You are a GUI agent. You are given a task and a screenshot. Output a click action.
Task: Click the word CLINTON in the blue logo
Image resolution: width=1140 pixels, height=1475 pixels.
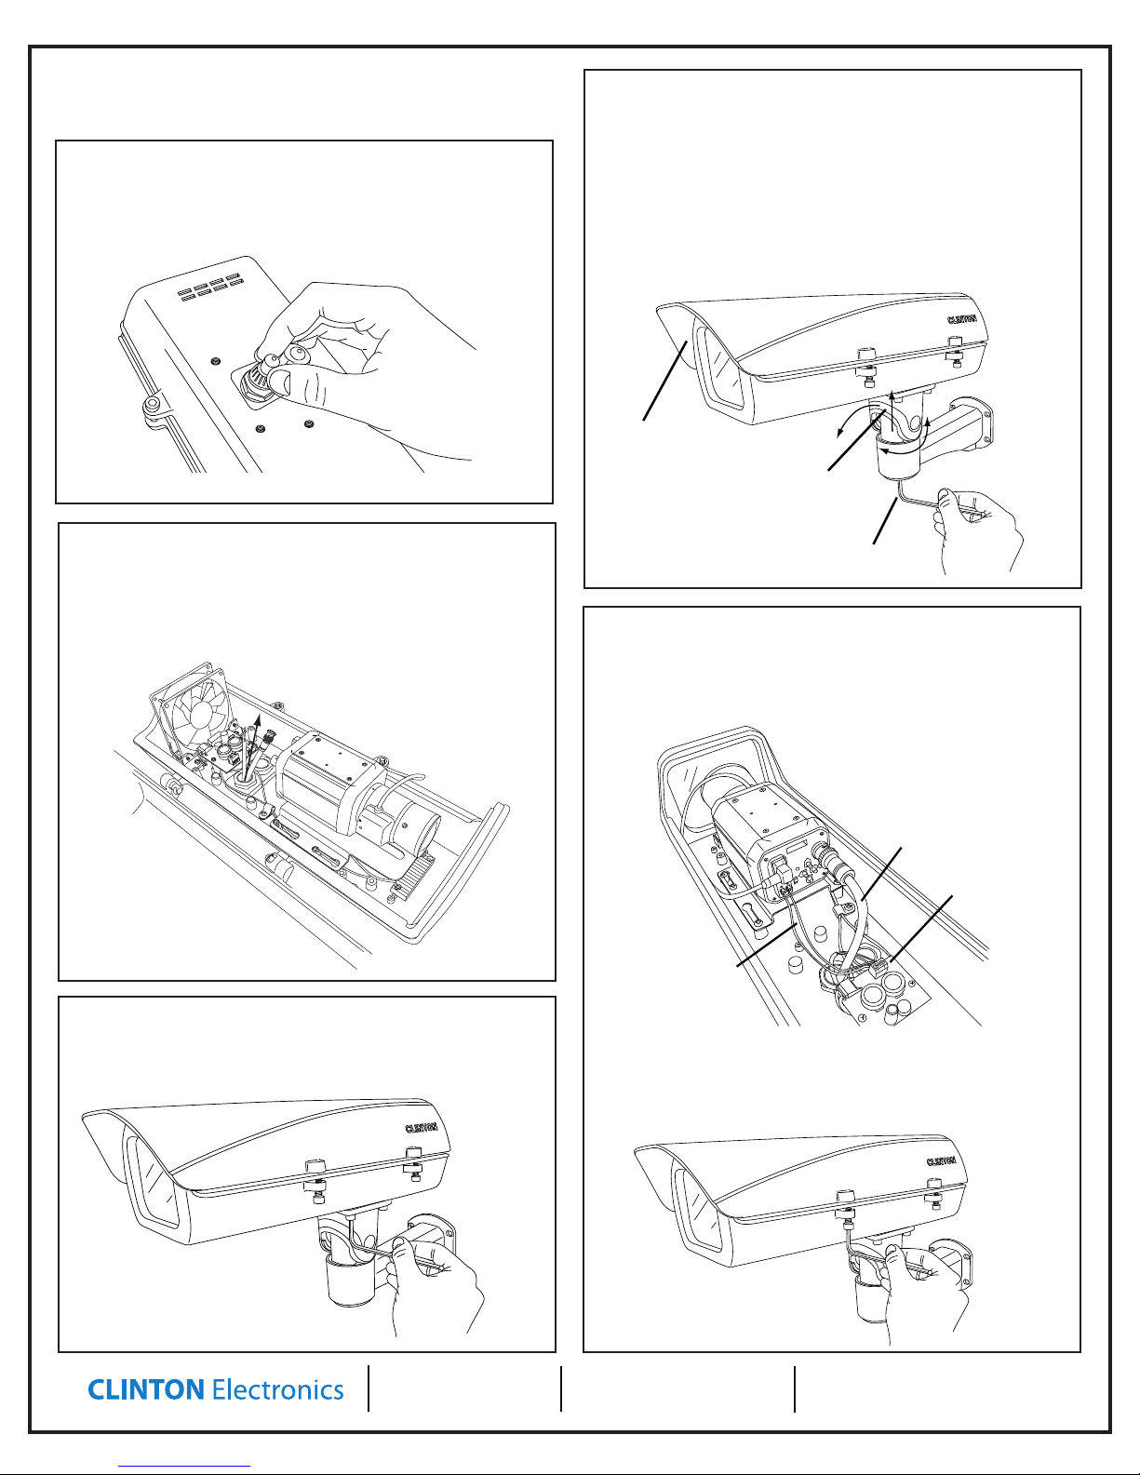(x=146, y=1389)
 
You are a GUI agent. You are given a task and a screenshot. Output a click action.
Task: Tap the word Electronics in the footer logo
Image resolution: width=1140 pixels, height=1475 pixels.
(x=277, y=1389)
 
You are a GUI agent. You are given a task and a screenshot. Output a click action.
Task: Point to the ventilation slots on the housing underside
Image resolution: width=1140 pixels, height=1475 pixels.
(x=210, y=284)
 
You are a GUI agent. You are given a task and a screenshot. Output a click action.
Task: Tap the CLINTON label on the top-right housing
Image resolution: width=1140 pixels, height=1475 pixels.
(x=961, y=319)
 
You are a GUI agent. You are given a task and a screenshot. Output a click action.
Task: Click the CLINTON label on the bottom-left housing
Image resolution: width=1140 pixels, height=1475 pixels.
(x=421, y=1128)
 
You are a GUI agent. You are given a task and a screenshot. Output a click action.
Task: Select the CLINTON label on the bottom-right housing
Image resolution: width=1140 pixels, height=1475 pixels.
(x=941, y=1160)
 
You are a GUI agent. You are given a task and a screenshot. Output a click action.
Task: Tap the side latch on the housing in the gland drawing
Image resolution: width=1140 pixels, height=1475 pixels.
(x=153, y=409)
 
